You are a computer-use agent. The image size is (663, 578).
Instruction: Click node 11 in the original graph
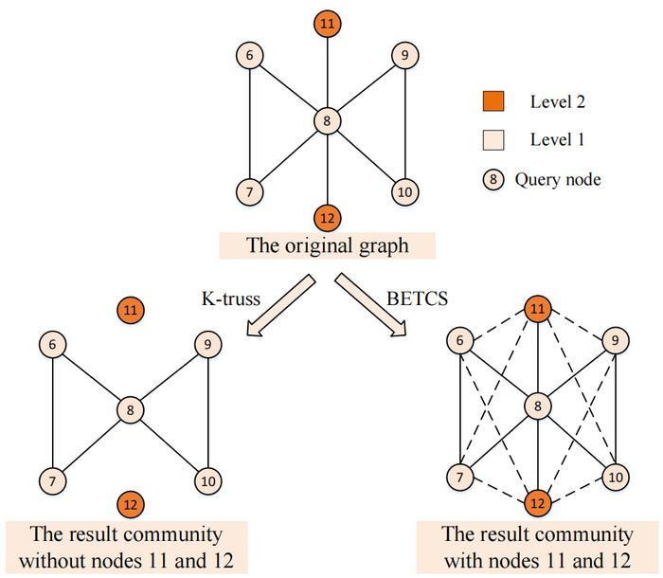tap(327, 22)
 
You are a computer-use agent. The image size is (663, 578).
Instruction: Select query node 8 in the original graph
tap(327, 121)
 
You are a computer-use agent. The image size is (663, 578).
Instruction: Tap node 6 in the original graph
tap(249, 56)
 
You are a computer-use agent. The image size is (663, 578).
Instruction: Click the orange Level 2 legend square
tap(493, 99)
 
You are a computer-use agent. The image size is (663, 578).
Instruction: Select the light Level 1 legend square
tap(493, 140)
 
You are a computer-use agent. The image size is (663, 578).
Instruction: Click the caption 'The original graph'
tap(328, 246)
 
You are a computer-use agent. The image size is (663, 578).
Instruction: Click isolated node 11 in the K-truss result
tap(130, 309)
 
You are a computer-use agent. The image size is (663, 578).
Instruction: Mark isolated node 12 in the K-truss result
tap(129, 504)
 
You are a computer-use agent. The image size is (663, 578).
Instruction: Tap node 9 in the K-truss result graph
tap(207, 344)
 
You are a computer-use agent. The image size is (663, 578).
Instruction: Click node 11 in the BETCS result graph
tap(538, 309)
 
